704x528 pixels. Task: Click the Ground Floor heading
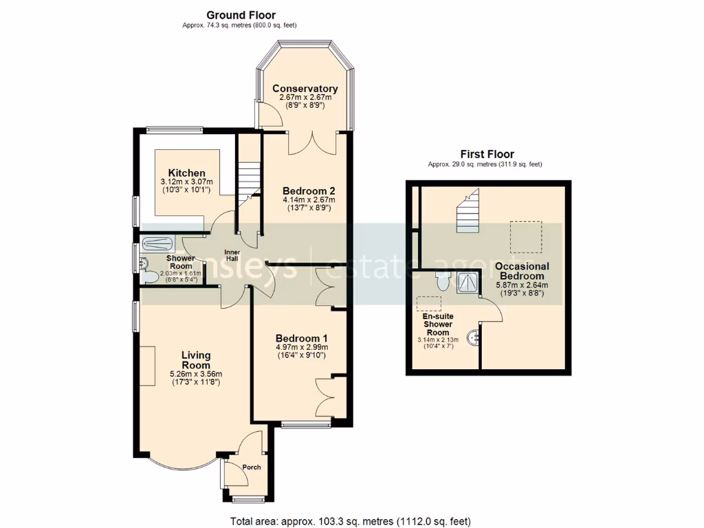point(241,14)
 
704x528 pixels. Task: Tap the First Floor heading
point(487,154)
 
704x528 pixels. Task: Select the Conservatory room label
point(305,89)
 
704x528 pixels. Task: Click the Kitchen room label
point(186,173)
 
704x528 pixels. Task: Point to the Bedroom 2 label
point(309,190)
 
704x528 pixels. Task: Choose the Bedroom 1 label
point(301,338)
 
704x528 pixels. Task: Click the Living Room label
point(195,360)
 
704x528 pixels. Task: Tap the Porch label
point(252,467)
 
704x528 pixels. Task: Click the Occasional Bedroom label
point(522,271)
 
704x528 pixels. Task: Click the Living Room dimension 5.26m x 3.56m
point(195,375)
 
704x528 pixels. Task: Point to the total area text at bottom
point(351,521)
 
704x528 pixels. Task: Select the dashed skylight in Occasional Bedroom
point(526,236)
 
